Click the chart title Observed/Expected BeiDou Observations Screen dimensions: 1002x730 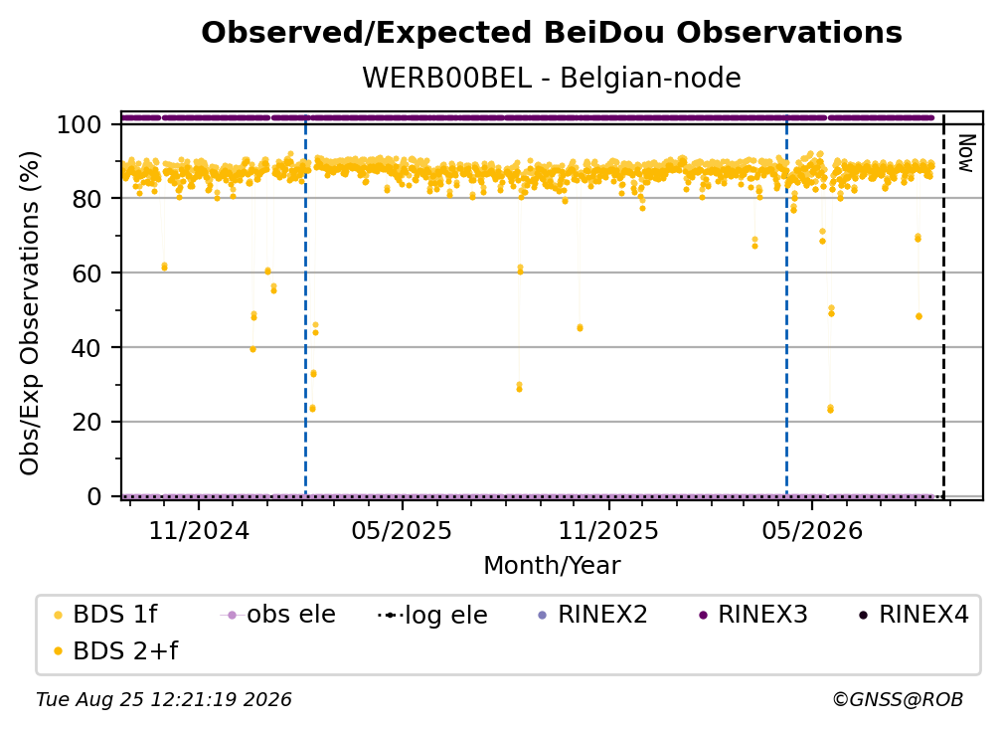pyautogui.click(x=552, y=33)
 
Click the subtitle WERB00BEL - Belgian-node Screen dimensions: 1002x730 pyautogui.click(x=552, y=78)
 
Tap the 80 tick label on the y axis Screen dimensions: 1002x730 pyautogui.click(x=86, y=199)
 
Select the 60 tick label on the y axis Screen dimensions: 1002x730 pyautogui.click(x=86, y=274)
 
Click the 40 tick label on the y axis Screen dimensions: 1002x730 pyautogui.click(x=86, y=348)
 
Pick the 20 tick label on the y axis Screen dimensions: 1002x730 pyautogui.click(x=86, y=423)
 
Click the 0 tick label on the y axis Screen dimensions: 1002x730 pyautogui.click(x=94, y=496)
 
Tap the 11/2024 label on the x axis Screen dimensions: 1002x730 pyautogui.click(x=199, y=530)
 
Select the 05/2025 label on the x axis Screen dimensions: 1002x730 pyautogui.click(x=402, y=530)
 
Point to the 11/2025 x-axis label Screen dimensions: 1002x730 pyautogui.click(x=608, y=530)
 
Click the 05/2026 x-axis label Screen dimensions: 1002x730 pyautogui.click(x=812, y=530)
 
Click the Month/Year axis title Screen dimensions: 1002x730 pyautogui.click(x=552, y=565)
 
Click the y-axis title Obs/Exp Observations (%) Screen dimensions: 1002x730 pyautogui.click(x=30, y=313)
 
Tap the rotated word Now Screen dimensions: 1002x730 pyautogui.click(x=965, y=153)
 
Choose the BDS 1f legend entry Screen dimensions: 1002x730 pyautogui.click(x=105, y=615)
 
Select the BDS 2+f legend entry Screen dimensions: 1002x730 pyautogui.click(x=116, y=650)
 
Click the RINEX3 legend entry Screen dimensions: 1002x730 pyautogui.click(x=753, y=615)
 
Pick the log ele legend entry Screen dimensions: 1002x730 pyautogui.click(x=432, y=615)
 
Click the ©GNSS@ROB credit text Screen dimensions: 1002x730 pyautogui.click(x=898, y=699)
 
